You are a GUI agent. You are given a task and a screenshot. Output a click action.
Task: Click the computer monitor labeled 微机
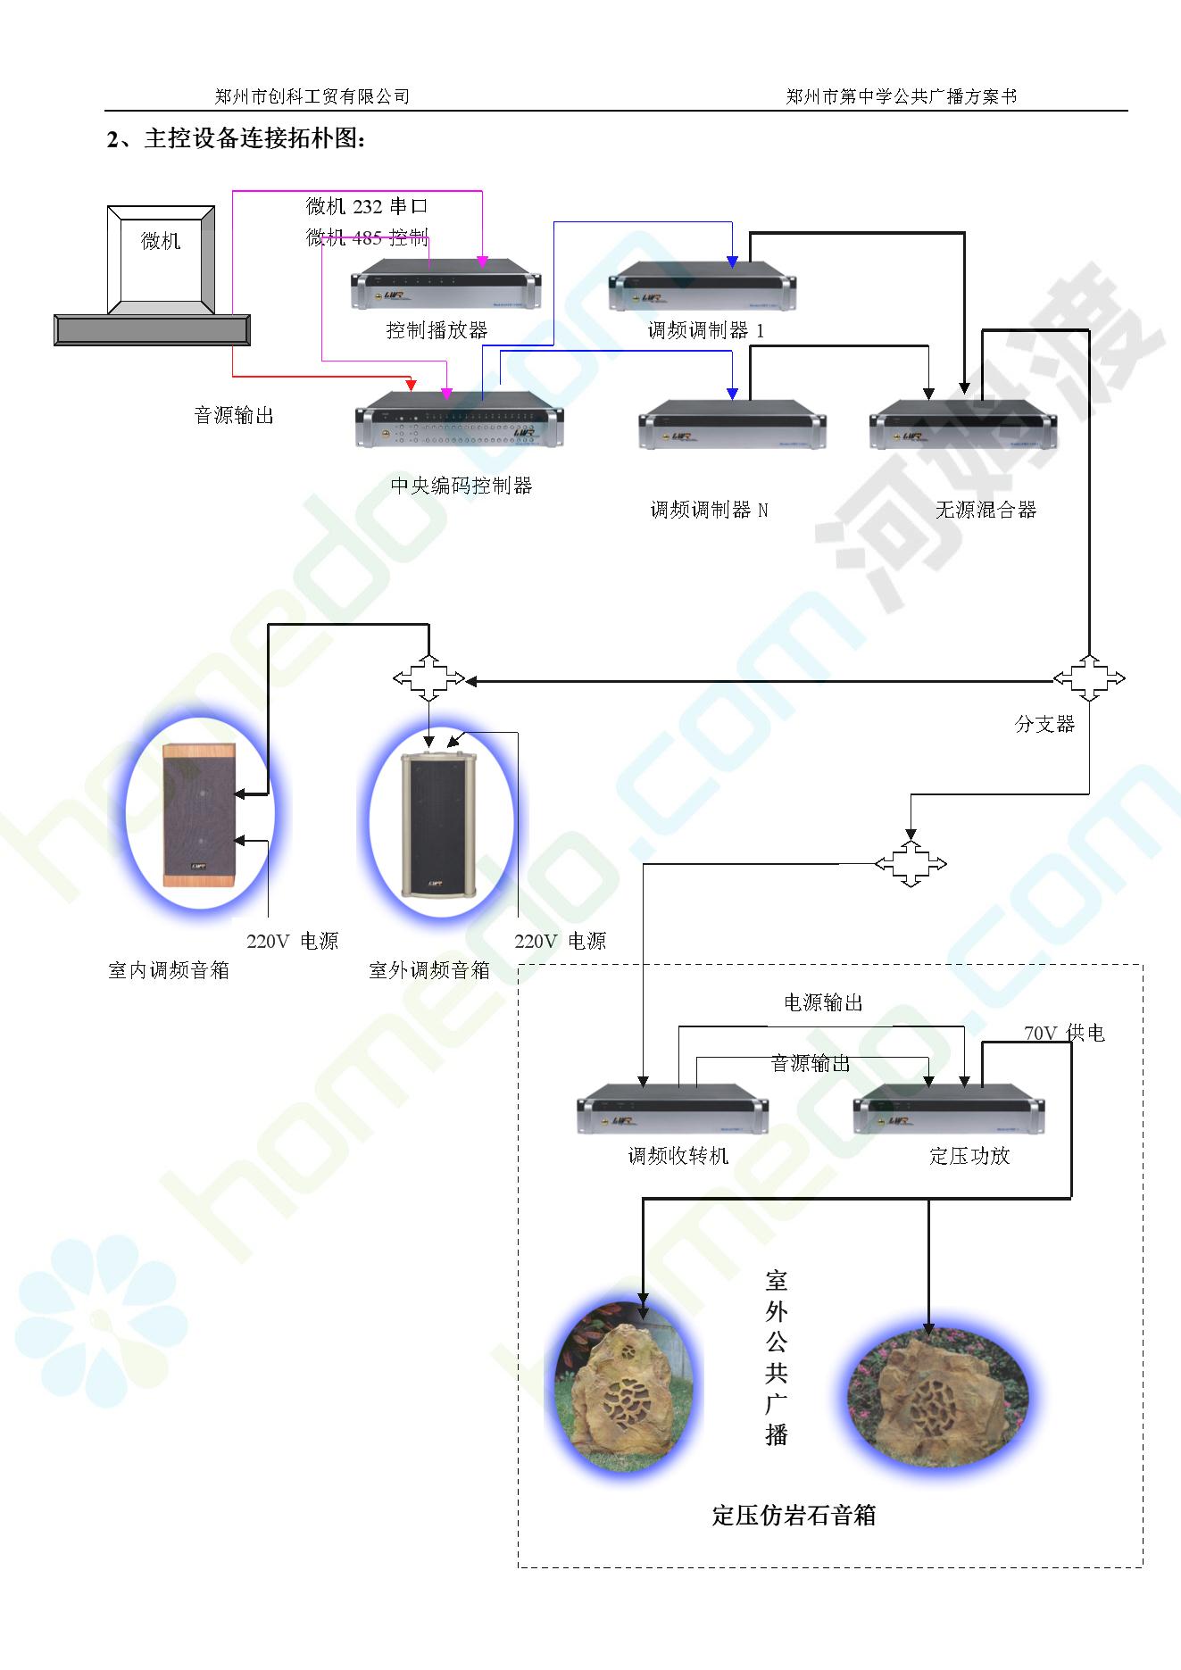pyautogui.click(x=161, y=259)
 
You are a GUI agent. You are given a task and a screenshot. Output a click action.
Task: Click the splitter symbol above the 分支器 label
pyautogui.click(x=1089, y=678)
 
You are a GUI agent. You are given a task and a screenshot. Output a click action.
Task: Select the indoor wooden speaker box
pyautogui.click(x=199, y=815)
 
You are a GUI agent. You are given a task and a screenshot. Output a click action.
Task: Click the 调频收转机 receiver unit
pyautogui.click(x=673, y=1109)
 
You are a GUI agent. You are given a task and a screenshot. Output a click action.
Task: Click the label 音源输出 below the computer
pyautogui.click(x=234, y=416)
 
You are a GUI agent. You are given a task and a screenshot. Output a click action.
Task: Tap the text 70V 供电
pyautogui.click(x=1064, y=1034)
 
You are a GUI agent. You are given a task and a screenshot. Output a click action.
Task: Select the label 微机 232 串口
pyautogui.click(x=367, y=207)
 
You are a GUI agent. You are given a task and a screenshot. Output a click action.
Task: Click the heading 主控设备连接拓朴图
pyautogui.click(x=254, y=139)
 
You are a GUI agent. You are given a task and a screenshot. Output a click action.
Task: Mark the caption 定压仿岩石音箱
pyautogui.click(x=794, y=1516)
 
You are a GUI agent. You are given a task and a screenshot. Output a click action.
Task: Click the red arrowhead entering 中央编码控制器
pyautogui.click(x=412, y=386)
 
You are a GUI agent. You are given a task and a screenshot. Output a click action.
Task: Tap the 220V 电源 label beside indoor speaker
pyautogui.click(x=293, y=942)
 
